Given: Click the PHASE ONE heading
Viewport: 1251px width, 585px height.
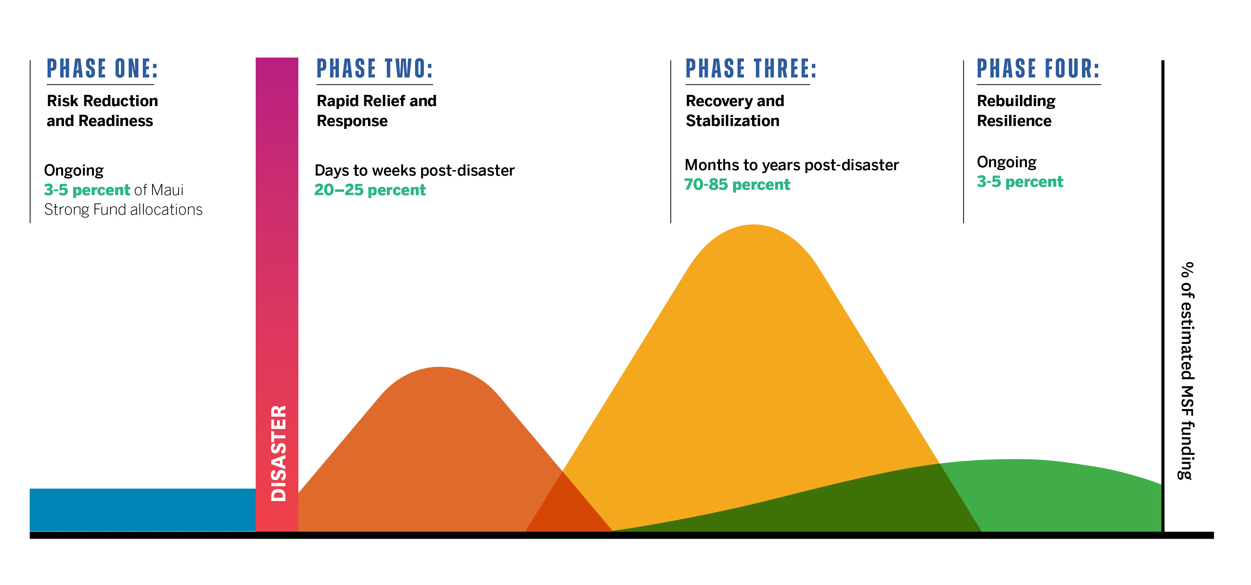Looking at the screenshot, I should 102,68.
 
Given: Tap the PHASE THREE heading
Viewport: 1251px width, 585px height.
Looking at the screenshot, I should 751,68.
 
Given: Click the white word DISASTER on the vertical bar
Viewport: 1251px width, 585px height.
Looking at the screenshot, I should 278,453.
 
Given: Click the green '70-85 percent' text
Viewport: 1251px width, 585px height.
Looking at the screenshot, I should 737,185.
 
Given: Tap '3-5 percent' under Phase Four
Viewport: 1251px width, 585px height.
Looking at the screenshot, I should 1020,182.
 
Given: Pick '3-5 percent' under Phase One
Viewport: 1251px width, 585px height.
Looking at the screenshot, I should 87,190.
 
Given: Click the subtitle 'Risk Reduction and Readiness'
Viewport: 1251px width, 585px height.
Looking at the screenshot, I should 102,111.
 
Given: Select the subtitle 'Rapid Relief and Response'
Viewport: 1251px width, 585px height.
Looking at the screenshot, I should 376,111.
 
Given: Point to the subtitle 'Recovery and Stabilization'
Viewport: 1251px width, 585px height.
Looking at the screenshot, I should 734,111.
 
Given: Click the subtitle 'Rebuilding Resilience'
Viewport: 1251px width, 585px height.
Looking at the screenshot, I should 1016,111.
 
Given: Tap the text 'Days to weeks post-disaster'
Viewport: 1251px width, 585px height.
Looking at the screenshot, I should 414,171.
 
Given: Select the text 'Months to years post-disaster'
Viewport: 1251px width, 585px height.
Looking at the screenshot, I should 792,165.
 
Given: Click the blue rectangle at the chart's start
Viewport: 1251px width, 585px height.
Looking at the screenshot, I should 142,510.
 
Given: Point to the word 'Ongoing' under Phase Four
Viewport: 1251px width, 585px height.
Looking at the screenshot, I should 1006,162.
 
